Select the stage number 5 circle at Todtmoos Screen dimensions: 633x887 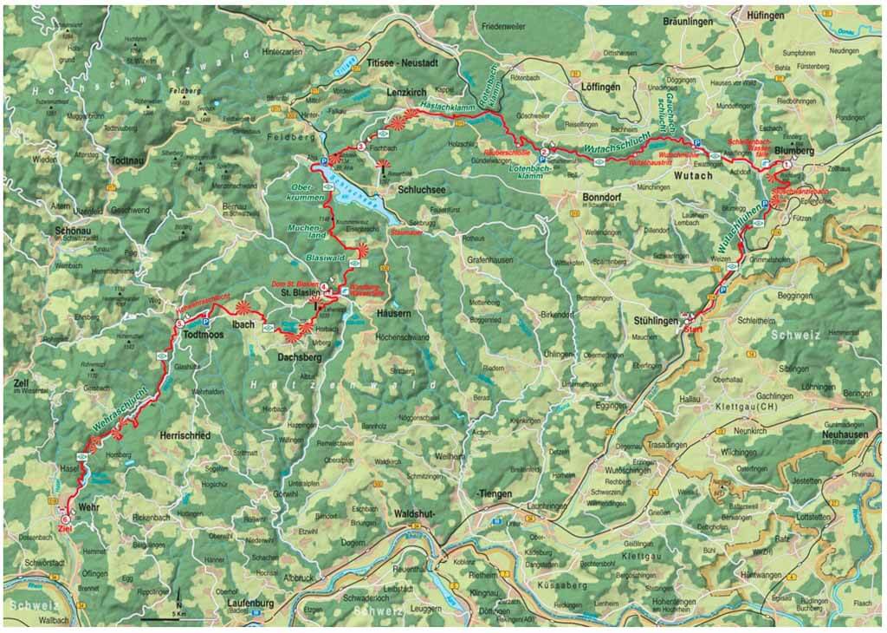180,324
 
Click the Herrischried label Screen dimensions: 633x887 185,434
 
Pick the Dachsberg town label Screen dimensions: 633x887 300,356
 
